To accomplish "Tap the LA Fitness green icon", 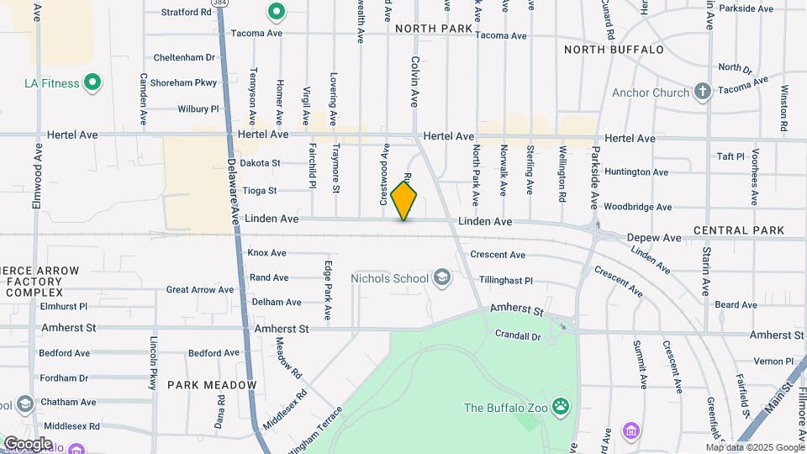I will pyautogui.click(x=94, y=83).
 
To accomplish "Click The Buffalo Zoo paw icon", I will pyautogui.click(x=561, y=409).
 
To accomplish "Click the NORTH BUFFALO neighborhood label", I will pyautogui.click(x=614, y=50).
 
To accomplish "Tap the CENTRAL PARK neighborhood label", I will pyautogui.click(x=738, y=230).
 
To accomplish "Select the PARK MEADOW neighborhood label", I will pyautogui.click(x=211, y=385).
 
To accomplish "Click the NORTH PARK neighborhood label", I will pyautogui.click(x=434, y=29).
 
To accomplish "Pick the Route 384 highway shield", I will pyautogui.click(x=220, y=3).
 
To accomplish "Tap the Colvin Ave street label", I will pyautogui.click(x=414, y=82).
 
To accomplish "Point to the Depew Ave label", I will pyautogui.click(x=654, y=238).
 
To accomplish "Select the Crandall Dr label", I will pyautogui.click(x=518, y=335).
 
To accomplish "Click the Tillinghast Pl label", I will pyautogui.click(x=505, y=281).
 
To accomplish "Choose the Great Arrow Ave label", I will pyautogui.click(x=200, y=290).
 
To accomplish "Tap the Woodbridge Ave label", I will pyautogui.click(x=637, y=207).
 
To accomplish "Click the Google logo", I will pyautogui.click(x=28, y=443).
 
